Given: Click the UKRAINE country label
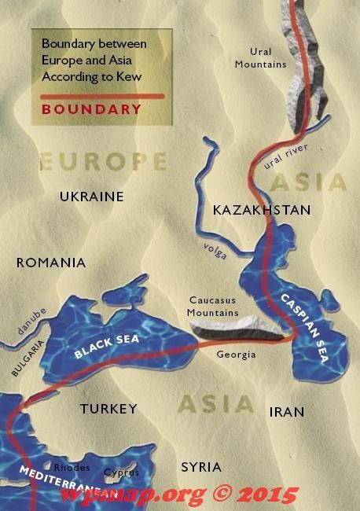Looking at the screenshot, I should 92,197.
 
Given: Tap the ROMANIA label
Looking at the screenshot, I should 51,263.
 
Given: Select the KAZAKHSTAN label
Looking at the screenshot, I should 262,210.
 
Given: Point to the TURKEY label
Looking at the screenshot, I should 108,409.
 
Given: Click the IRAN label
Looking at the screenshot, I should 286,412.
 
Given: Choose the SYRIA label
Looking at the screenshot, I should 201,466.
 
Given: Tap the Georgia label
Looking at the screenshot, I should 237,355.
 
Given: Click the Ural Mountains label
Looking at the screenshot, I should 261,57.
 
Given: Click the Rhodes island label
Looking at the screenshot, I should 72,468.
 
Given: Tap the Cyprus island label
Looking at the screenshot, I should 122,472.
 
